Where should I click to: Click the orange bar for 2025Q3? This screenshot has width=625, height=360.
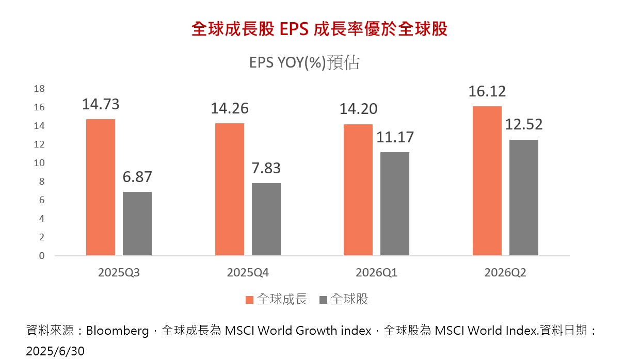point(101,187)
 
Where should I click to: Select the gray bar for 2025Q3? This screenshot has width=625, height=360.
point(137,224)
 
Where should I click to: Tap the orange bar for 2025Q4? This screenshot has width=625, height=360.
point(230,189)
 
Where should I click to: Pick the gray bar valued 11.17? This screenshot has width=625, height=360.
point(395,204)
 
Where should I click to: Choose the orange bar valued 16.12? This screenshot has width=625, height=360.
point(487,181)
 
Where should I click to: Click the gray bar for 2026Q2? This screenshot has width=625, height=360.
point(524,198)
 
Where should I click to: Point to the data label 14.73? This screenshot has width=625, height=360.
point(101,105)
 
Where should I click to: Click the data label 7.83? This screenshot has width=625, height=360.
point(266,169)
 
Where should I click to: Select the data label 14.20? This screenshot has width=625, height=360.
point(358,109)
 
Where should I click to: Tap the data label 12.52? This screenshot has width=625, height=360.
point(524,125)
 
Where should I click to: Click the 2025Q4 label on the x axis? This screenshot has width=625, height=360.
point(248,273)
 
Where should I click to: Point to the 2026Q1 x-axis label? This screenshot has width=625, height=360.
point(376,273)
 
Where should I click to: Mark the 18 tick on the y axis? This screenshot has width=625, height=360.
point(39,89)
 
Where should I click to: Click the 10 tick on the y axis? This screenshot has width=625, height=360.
point(39,163)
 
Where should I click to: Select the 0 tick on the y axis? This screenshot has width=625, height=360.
point(42,256)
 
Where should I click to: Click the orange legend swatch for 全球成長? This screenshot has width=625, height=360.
point(250,300)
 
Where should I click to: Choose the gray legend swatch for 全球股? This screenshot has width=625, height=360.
point(324,300)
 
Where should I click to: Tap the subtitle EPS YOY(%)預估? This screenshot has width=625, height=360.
point(304,63)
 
